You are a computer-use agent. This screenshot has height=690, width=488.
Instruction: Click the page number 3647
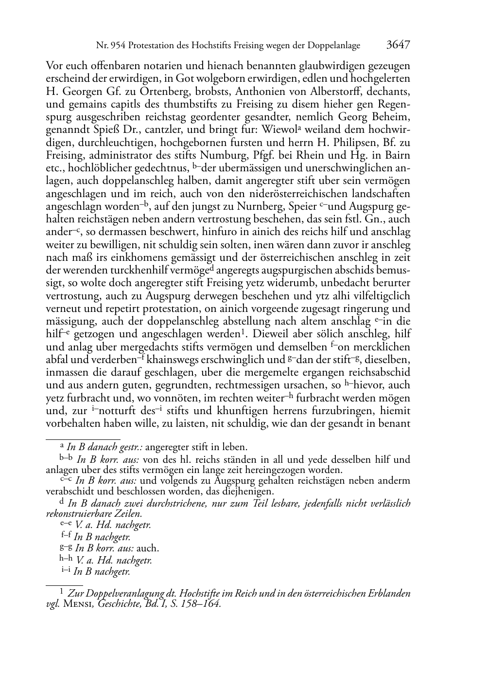point(398,45)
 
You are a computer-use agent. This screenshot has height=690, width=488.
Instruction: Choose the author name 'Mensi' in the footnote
point(79,604)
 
